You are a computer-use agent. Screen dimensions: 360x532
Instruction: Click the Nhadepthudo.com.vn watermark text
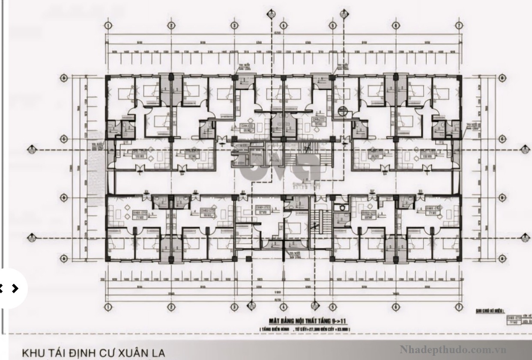(453, 350)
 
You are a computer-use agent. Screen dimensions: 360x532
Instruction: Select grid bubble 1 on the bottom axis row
(108, 307)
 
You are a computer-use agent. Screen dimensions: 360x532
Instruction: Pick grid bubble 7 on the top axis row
(459, 25)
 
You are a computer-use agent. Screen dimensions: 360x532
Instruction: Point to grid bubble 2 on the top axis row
(171, 25)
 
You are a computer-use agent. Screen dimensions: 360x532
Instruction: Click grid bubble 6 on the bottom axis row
(395, 307)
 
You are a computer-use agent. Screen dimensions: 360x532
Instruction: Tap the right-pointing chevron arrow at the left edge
(15, 288)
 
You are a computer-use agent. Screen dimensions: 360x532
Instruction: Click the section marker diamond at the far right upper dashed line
(523, 149)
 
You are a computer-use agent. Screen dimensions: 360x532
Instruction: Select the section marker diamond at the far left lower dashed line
(30, 237)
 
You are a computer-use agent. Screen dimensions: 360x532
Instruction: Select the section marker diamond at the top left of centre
(271, 15)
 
